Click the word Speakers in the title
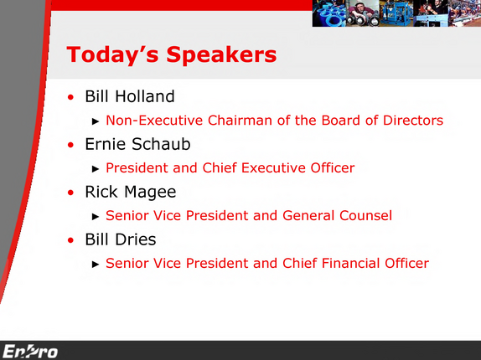click(221, 55)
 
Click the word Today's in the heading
click(112, 54)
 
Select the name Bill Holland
click(130, 96)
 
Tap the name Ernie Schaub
click(137, 144)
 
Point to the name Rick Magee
click(131, 193)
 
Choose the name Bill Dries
click(121, 239)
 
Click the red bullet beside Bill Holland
click(71, 97)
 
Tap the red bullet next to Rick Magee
click(71, 193)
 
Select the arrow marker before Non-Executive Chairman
click(96, 121)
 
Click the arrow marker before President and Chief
click(96, 169)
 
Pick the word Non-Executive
click(154, 120)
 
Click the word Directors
click(413, 120)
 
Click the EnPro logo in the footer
click(30, 351)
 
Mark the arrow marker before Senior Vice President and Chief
click(96, 265)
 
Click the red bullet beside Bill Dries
click(71, 240)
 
